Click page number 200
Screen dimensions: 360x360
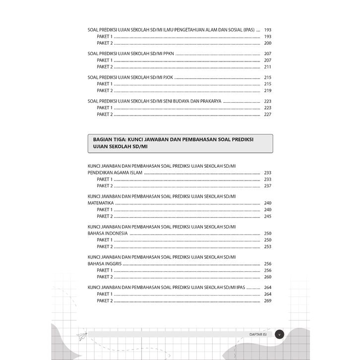coord(268,44)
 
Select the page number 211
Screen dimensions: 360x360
coord(268,67)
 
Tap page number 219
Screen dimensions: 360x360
coord(268,91)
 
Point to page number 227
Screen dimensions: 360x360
coord(268,115)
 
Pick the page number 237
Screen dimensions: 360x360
coord(268,186)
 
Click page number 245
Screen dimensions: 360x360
coord(268,216)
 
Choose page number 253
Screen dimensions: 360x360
coord(268,246)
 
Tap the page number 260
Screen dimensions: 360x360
coord(268,277)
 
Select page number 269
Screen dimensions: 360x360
coord(268,301)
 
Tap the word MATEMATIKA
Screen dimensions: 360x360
coord(101,203)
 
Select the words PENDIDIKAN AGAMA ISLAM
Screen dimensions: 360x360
coord(115,173)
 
